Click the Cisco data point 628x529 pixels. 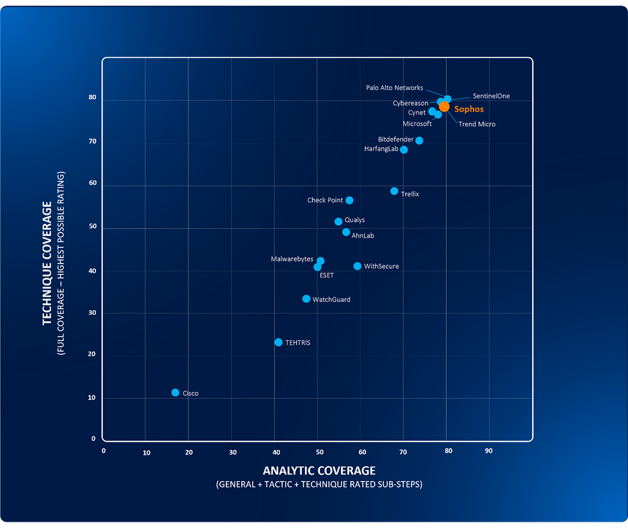175,393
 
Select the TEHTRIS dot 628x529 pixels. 278,342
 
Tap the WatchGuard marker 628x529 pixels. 306,299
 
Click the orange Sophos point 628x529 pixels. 444,107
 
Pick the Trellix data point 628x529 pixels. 394,191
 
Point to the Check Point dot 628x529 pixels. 350,201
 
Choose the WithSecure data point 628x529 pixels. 357,266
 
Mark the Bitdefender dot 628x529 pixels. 419,141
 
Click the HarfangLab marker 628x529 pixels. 404,150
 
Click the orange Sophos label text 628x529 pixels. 469,109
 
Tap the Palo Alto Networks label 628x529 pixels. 395,88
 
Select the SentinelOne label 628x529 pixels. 491,96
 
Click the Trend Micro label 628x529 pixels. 477,124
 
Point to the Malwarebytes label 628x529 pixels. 292,259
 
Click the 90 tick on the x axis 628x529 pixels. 489,451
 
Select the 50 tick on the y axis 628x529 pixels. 93,226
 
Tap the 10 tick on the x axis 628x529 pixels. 147,453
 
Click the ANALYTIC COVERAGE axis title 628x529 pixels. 319,470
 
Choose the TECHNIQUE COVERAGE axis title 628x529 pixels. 48,263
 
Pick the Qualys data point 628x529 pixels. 339,222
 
